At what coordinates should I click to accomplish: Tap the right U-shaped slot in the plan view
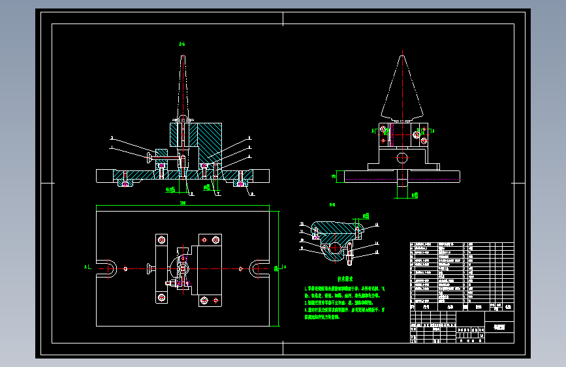[x=258, y=267]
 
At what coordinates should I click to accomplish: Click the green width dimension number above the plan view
[x=182, y=204]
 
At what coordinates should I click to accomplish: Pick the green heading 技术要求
[x=328, y=278]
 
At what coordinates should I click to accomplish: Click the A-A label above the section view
[x=182, y=44]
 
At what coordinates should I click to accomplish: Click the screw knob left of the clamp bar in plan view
[x=149, y=267]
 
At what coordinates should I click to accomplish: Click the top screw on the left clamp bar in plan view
[x=160, y=239]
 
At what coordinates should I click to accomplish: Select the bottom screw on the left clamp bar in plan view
[x=160, y=297]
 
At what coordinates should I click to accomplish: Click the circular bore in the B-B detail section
[x=336, y=249]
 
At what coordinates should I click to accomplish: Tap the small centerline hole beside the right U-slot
[x=241, y=267]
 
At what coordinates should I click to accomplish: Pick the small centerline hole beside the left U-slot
[x=125, y=267]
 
